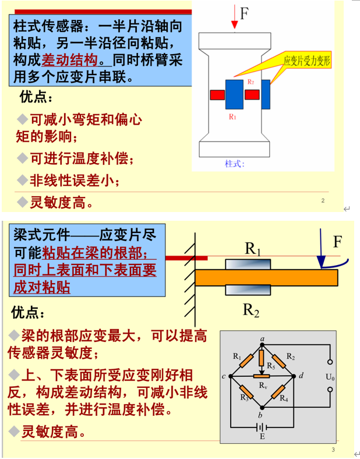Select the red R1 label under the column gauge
[232, 117]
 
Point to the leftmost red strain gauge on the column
[217, 94]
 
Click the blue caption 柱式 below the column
[235, 163]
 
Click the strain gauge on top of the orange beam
[248, 264]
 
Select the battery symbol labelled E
[262, 428]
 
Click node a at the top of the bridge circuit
[262, 338]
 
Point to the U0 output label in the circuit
[330, 377]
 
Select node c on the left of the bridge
[224, 377]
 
